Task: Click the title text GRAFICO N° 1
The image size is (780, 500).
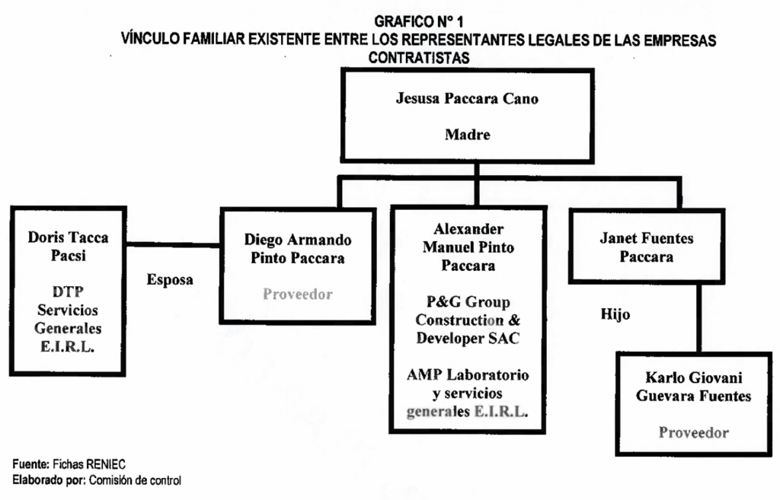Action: tap(418, 23)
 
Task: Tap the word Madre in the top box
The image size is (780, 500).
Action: tap(467, 135)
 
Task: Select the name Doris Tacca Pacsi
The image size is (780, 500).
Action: tap(68, 246)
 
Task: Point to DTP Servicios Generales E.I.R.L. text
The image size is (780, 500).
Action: tap(68, 320)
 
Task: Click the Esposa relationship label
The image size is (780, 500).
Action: tap(170, 279)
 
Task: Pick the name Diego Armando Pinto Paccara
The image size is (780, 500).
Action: tap(298, 249)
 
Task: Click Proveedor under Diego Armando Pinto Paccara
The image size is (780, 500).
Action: tap(298, 295)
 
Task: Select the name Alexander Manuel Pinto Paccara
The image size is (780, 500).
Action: tap(468, 247)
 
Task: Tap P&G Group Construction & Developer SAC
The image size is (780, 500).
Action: tap(468, 320)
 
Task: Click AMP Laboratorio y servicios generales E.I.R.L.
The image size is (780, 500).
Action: tap(468, 393)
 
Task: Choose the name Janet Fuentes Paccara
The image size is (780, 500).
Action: tap(646, 247)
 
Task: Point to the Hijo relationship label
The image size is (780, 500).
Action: tap(615, 314)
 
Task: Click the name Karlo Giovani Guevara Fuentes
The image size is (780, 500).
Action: tap(693, 387)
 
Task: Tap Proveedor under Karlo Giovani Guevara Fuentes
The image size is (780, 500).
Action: tap(693, 433)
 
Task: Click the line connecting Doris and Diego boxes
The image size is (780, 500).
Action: tap(173, 245)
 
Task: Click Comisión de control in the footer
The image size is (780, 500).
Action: tap(135, 480)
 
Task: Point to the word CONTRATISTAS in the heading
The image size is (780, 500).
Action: tap(418, 58)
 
